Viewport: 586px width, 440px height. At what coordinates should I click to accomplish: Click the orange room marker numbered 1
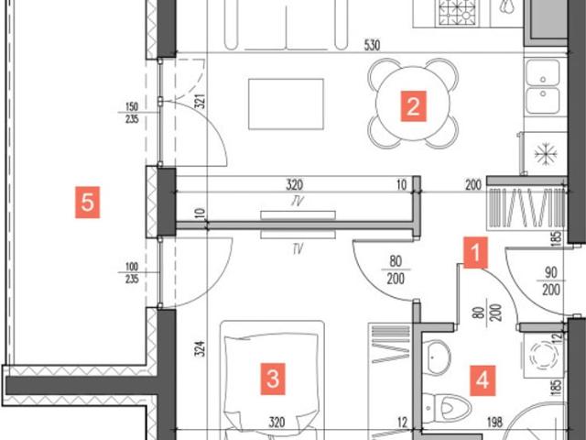(475, 253)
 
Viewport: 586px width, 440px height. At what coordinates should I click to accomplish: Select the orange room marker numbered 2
(413, 106)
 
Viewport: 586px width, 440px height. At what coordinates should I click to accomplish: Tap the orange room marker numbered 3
(273, 379)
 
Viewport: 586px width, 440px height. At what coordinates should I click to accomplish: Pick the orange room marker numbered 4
(483, 381)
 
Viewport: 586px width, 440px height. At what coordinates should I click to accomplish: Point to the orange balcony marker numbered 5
(88, 202)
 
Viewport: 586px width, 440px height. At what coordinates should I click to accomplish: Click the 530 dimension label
(372, 45)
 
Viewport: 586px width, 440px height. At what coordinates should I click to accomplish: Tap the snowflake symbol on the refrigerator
(546, 153)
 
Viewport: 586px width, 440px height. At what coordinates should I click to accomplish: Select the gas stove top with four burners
(459, 12)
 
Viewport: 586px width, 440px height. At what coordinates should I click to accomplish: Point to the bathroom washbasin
(438, 357)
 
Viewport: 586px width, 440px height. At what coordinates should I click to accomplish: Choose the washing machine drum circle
(544, 355)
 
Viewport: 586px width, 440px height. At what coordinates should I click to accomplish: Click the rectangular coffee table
(286, 104)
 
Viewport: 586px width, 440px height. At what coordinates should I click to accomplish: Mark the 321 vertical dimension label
(201, 101)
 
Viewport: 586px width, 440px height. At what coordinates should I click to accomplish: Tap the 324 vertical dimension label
(201, 348)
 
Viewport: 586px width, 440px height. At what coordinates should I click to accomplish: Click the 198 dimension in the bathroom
(494, 423)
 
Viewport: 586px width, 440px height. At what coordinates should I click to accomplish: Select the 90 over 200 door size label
(551, 281)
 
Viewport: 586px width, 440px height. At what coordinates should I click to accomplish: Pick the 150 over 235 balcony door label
(132, 113)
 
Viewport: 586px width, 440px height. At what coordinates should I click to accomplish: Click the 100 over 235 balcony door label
(132, 273)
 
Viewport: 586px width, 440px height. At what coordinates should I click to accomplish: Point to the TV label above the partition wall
(297, 202)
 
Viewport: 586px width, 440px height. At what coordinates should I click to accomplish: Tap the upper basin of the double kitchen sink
(543, 72)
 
